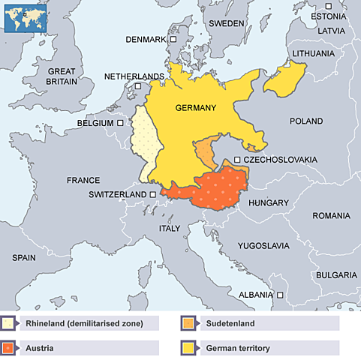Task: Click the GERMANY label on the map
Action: pyautogui.click(x=195, y=108)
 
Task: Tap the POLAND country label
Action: pyautogui.click(x=306, y=121)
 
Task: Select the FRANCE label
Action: pyautogui.click(x=83, y=181)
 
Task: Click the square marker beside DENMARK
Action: pyautogui.click(x=173, y=39)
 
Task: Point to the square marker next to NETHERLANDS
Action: pyautogui.click(x=137, y=86)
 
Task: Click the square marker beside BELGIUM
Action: pyautogui.click(x=120, y=122)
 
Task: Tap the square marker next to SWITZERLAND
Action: pyautogui.click(x=153, y=194)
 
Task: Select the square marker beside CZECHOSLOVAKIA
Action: pyautogui.click(x=237, y=160)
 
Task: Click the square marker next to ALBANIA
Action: pyautogui.click(x=280, y=295)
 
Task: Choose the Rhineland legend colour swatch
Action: pyautogui.click(x=9, y=324)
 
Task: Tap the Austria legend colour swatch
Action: pyautogui.click(x=9, y=348)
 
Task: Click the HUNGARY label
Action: pyautogui.click(x=269, y=203)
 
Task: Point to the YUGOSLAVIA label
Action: pyautogui.click(x=263, y=245)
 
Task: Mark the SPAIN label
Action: pyautogui.click(x=24, y=257)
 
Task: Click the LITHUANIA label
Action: pyautogui.click(x=314, y=54)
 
